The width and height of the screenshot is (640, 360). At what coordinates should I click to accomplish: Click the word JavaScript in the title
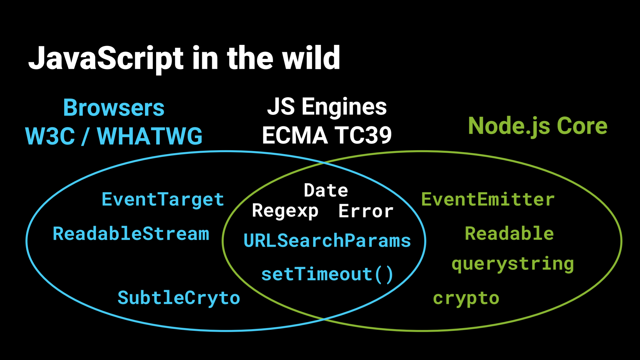[106, 59]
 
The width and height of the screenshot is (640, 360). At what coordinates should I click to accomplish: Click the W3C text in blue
[50, 136]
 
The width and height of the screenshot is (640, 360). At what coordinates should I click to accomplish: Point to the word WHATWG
[150, 136]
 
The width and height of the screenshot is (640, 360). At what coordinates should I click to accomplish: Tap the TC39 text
[363, 135]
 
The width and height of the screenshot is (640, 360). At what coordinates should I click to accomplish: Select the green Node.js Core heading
[538, 126]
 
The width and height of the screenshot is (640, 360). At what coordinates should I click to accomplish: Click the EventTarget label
[163, 200]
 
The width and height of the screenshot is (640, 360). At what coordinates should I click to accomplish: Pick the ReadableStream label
[131, 233]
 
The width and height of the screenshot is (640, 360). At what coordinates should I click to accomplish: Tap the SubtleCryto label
[179, 298]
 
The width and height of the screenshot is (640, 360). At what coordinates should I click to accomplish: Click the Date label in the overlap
[326, 191]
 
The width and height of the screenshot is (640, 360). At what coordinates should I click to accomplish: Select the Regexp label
[285, 211]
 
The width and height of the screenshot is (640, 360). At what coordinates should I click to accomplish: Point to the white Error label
[366, 211]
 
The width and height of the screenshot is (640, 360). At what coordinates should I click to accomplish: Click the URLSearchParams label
[327, 240]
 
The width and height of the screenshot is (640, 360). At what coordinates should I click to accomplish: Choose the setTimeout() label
[327, 274]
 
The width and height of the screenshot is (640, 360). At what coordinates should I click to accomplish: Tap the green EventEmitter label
[488, 200]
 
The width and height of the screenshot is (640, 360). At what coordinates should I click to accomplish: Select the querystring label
[513, 264]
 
